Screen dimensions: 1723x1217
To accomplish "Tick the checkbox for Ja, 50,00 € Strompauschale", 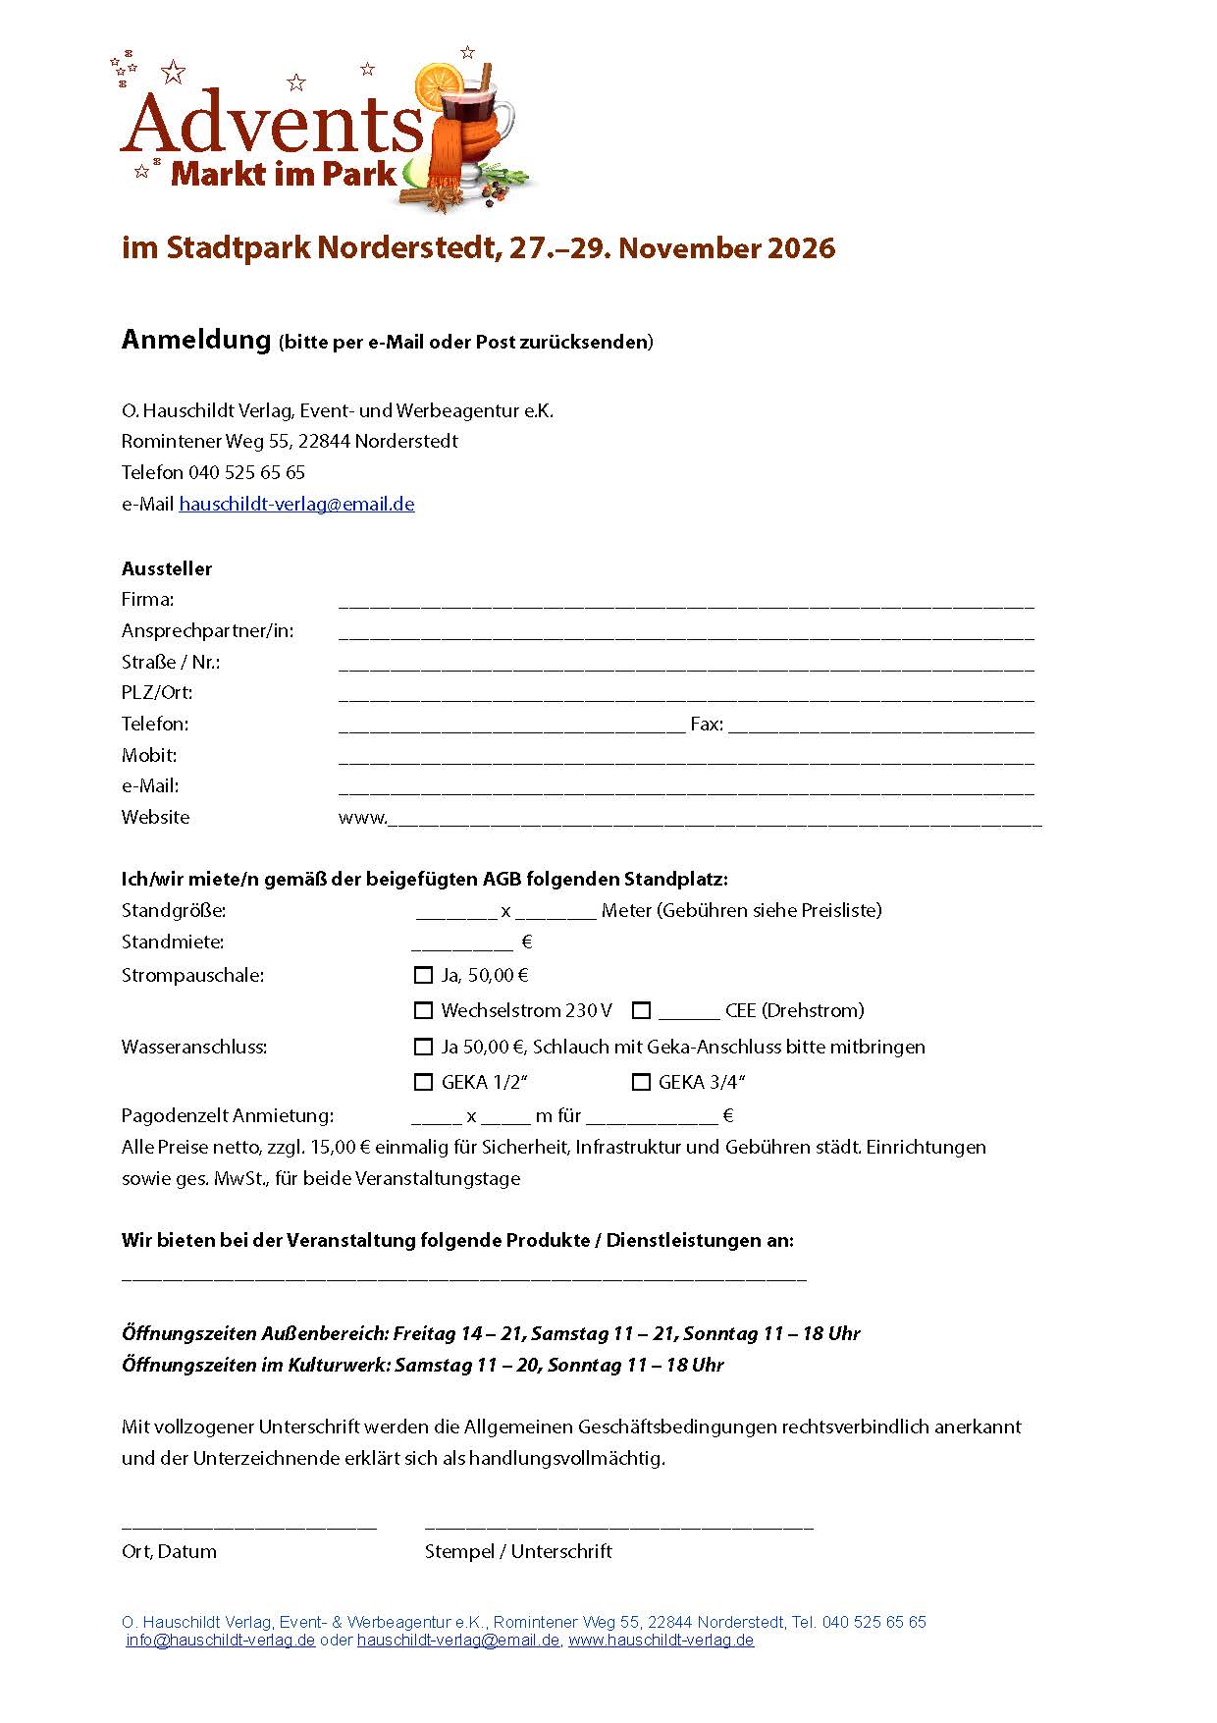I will [423, 975].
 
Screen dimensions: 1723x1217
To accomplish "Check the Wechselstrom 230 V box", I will [423, 1010].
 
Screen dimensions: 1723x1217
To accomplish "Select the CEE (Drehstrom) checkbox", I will [642, 1010].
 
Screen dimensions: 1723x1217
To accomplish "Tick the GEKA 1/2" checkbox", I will [423, 1082].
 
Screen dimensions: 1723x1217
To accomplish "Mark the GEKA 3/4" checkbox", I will [641, 1082].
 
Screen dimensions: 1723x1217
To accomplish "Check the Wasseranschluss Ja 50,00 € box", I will [423, 1047].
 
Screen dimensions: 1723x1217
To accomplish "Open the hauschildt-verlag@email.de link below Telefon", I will [296, 505].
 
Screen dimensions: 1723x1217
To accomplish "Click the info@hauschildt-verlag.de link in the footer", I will [221, 1641].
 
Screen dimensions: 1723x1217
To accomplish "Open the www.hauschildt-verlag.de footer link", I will [661, 1641].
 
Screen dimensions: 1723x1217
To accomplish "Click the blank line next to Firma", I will [685, 604].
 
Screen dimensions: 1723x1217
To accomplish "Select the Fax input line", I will [880, 728].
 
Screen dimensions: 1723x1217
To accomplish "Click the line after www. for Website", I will [714, 823].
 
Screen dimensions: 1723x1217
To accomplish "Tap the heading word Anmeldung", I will [195, 340].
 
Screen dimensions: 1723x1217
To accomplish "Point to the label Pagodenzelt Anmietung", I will [228, 1115].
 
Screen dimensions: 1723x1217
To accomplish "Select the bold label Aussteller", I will [167, 568].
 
